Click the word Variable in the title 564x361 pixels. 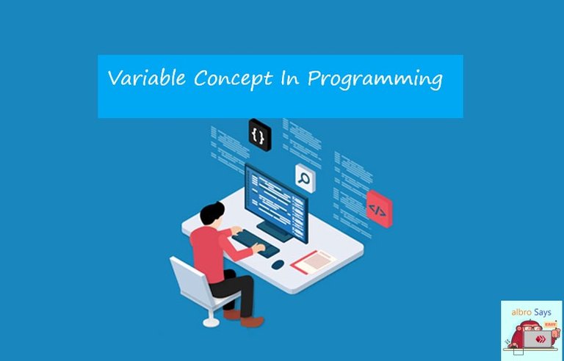(x=147, y=78)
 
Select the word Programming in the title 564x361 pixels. (x=375, y=80)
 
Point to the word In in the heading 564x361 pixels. (x=290, y=78)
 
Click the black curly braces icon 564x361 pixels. (x=260, y=135)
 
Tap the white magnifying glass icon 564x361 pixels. (x=305, y=179)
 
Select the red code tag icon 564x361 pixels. (x=379, y=209)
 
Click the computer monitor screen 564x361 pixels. (x=276, y=203)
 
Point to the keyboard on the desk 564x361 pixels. (x=256, y=244)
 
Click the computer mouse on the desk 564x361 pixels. (x=278, y=265)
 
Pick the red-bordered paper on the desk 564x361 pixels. (x=314, y=262)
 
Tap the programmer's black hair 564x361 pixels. (x=211, y=213)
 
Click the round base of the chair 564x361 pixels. (x=211, y=322)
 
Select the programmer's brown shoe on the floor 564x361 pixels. (x=252, y=321)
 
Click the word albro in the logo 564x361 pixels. (x=521, y=313)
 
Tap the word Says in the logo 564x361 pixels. (x=543, y=313)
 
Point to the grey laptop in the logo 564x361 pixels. (x=538, y=339)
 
